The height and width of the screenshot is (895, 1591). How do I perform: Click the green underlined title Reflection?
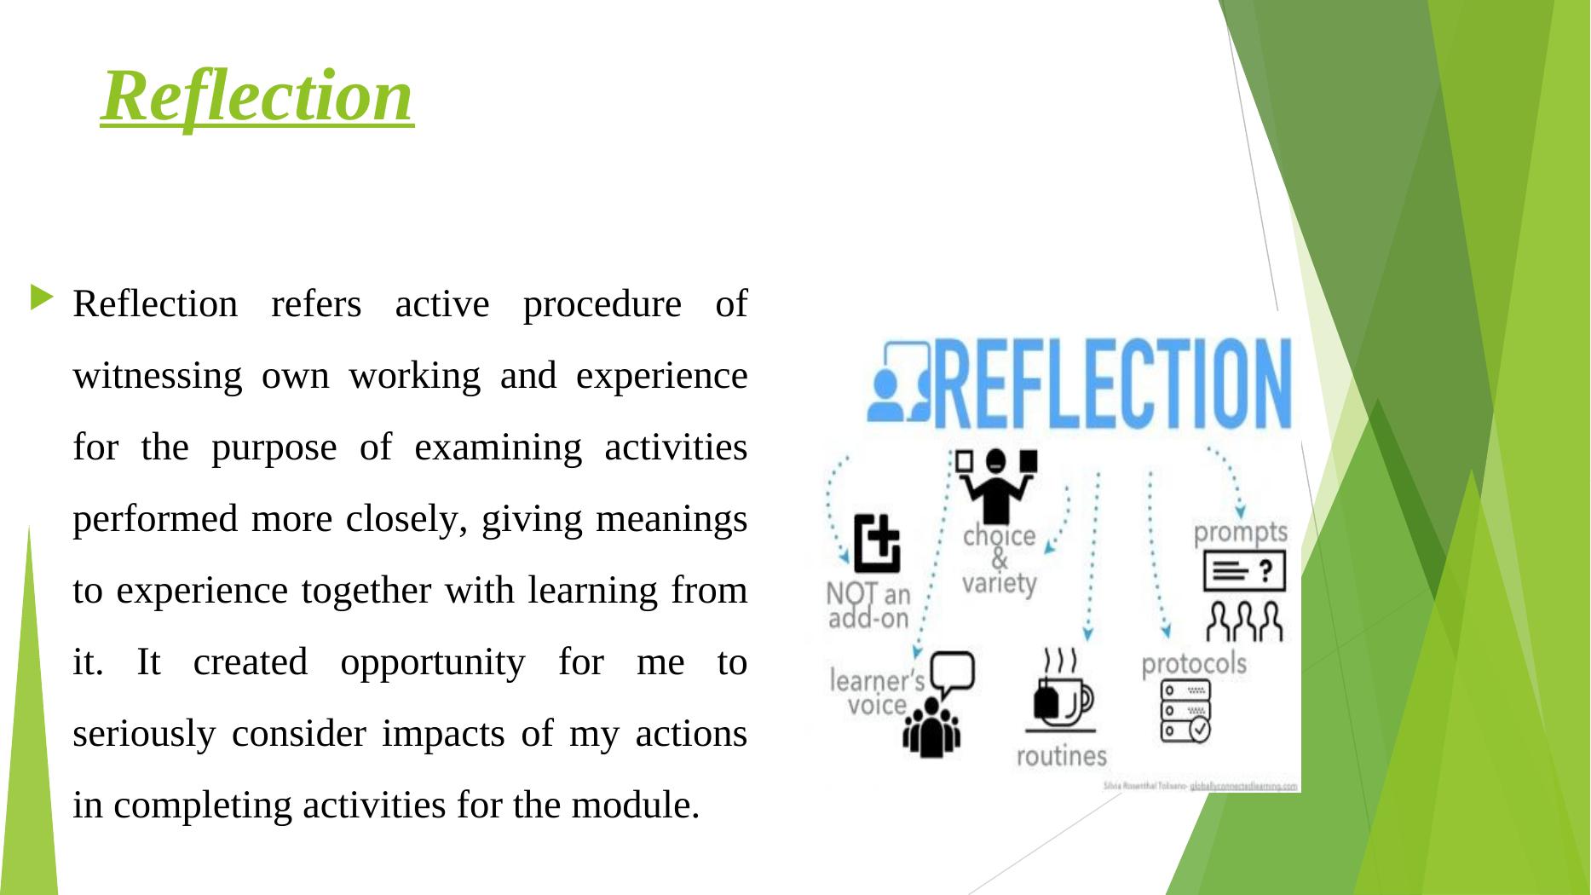click(x=257, y=95)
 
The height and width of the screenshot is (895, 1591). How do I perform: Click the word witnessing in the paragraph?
click(x=158, y=376)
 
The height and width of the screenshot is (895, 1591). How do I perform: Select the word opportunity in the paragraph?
click(x=432, y=662)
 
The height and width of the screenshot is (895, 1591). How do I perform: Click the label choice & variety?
click(x=999, y=560)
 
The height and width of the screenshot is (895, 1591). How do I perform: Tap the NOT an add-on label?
click(x=868, y=605)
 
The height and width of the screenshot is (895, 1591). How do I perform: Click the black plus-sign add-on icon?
click(x=877, y=543)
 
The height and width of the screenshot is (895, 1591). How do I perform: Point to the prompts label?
click(x=1240, y=533)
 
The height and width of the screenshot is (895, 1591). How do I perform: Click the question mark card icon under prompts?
click(x=1243, y=571)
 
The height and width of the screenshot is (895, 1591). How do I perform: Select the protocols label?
click(x=1194, y=664)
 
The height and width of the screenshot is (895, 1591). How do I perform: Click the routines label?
click(x=1061, y=755)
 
